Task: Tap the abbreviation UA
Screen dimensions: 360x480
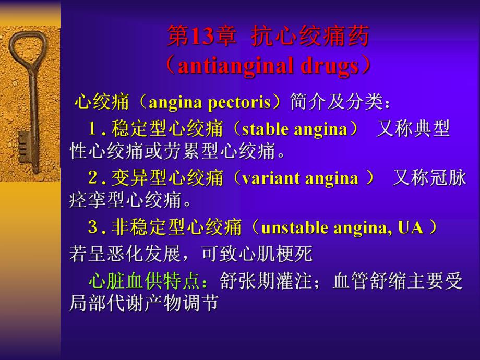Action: (411, 227)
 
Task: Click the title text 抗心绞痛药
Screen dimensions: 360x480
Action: (310, 38)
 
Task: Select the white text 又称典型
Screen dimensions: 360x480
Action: (413, 129)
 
